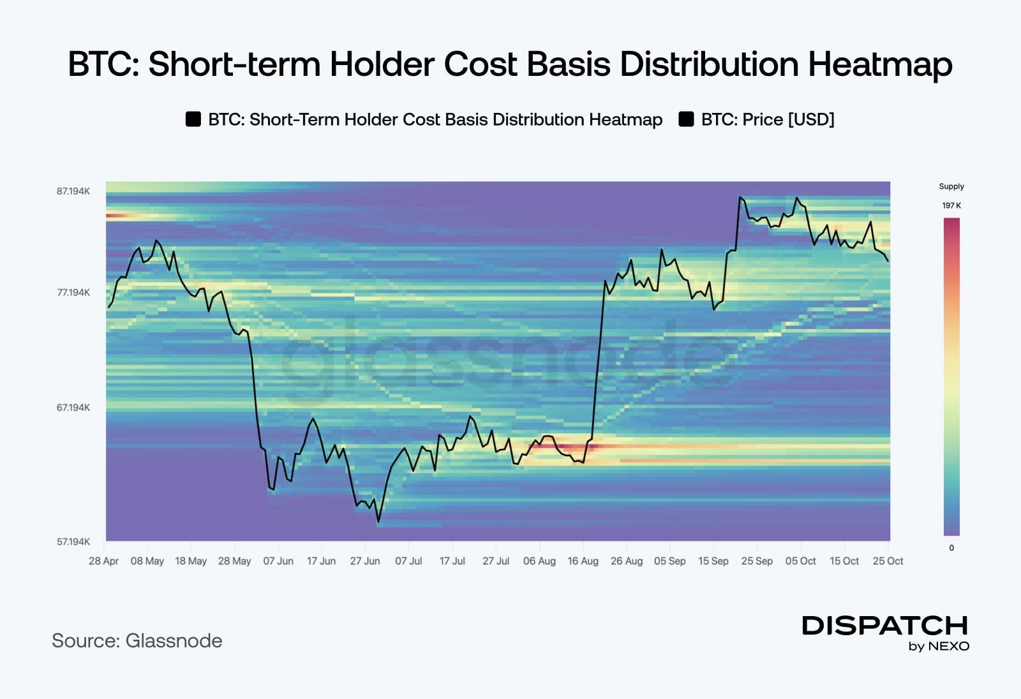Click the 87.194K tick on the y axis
click(73, 191)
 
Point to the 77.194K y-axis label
click(73, 292)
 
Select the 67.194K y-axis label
click(73, 408)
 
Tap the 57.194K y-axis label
click(73, 541)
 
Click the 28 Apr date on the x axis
click(103, 561)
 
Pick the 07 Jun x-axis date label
click(278, 561)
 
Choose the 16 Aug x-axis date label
click(583, 561)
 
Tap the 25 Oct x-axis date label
click(888, 561)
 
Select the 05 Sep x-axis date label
click(670, 561)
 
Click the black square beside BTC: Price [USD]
click(687, 119)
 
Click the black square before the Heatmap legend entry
click(193, 119)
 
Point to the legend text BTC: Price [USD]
click(768, 119)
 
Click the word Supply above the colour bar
click(951, 186)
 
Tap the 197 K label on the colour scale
click(951, 205)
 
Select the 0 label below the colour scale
click(951, 548)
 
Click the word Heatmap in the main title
click(880, 64)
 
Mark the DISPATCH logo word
click(884, 626)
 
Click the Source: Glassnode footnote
click(137, 641)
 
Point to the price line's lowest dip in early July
click(378, 522)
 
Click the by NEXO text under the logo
click(939, 646)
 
